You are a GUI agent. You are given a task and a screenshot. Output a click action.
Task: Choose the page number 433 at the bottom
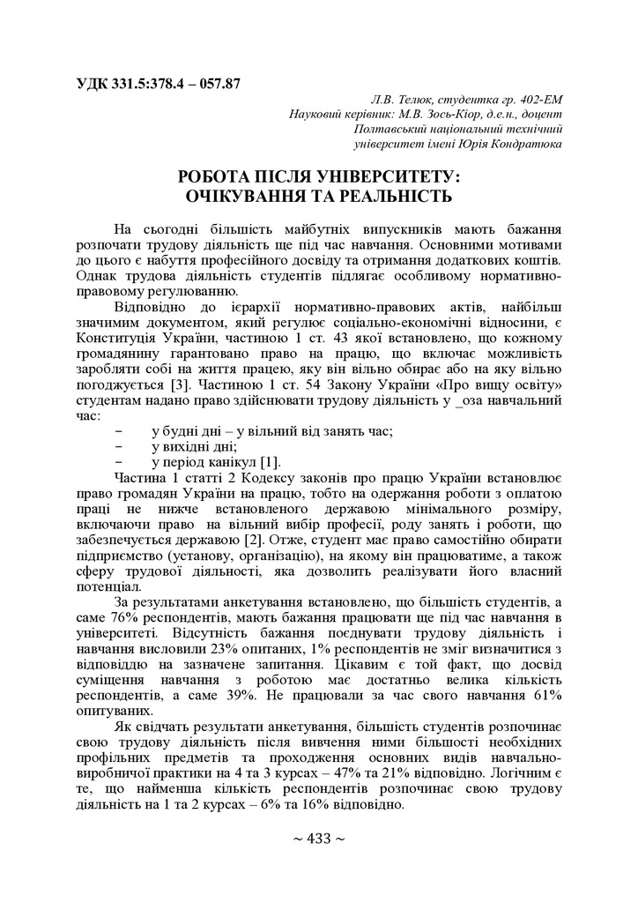[318, 838]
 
